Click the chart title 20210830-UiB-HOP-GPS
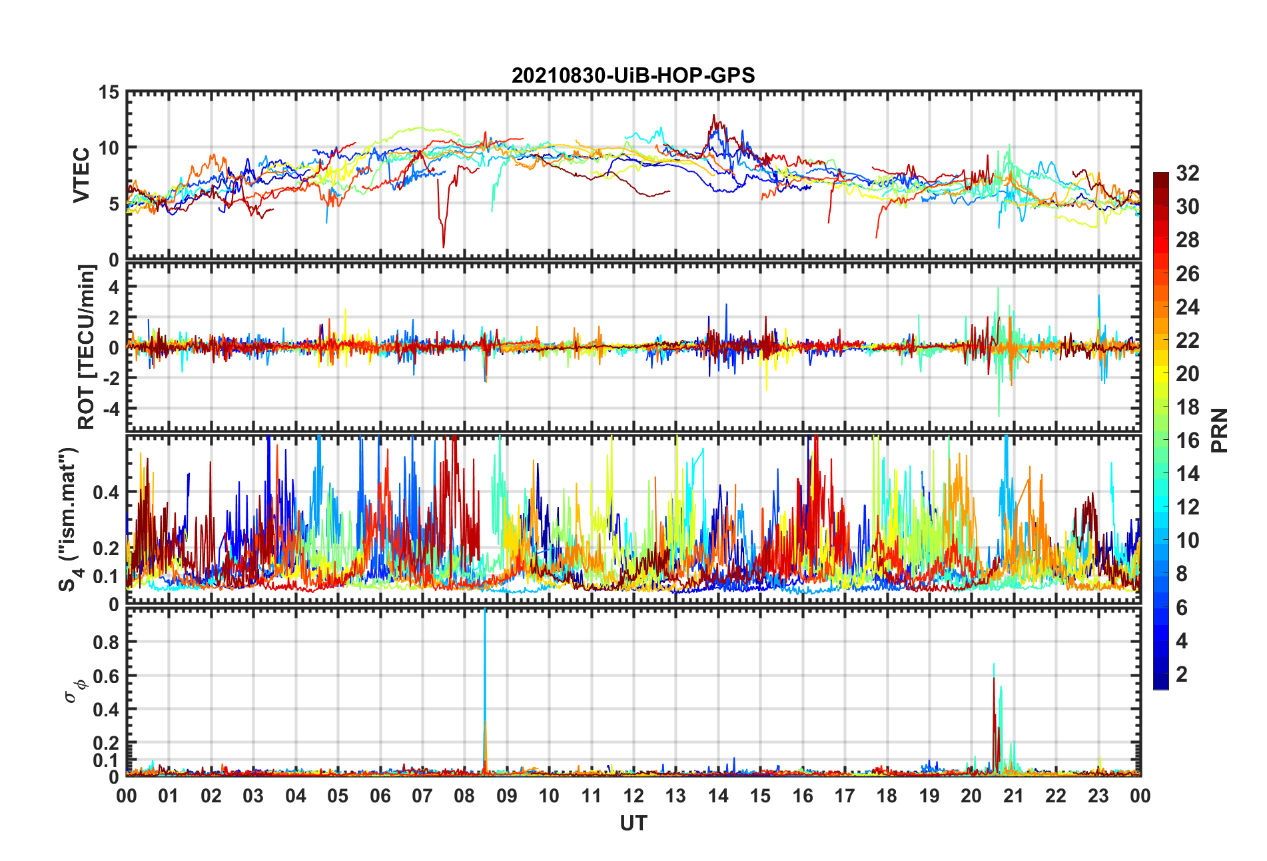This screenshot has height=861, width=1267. [633, 75]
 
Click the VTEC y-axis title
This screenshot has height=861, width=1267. [81, 175]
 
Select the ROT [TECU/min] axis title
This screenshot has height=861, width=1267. [87, 347]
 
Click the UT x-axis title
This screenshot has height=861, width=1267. [633, 824]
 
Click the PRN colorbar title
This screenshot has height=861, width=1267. [1219, 430]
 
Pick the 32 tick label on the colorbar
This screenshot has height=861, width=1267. [1187, 173]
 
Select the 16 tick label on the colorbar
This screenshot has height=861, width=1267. [1187, 440]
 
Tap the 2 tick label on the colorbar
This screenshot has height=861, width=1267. [1182, 674]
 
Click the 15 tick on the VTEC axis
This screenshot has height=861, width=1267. [109, 93]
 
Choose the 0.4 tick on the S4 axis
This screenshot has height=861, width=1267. [106, 492]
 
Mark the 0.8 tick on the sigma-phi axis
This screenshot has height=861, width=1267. [106, 642]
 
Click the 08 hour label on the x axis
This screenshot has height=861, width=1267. [464, 796]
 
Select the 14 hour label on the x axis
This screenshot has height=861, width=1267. [718, 796]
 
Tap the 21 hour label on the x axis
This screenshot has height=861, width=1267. [1013, 796]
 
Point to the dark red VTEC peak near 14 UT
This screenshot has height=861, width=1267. [714, 116]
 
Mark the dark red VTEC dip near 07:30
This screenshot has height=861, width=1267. [444, 245]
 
